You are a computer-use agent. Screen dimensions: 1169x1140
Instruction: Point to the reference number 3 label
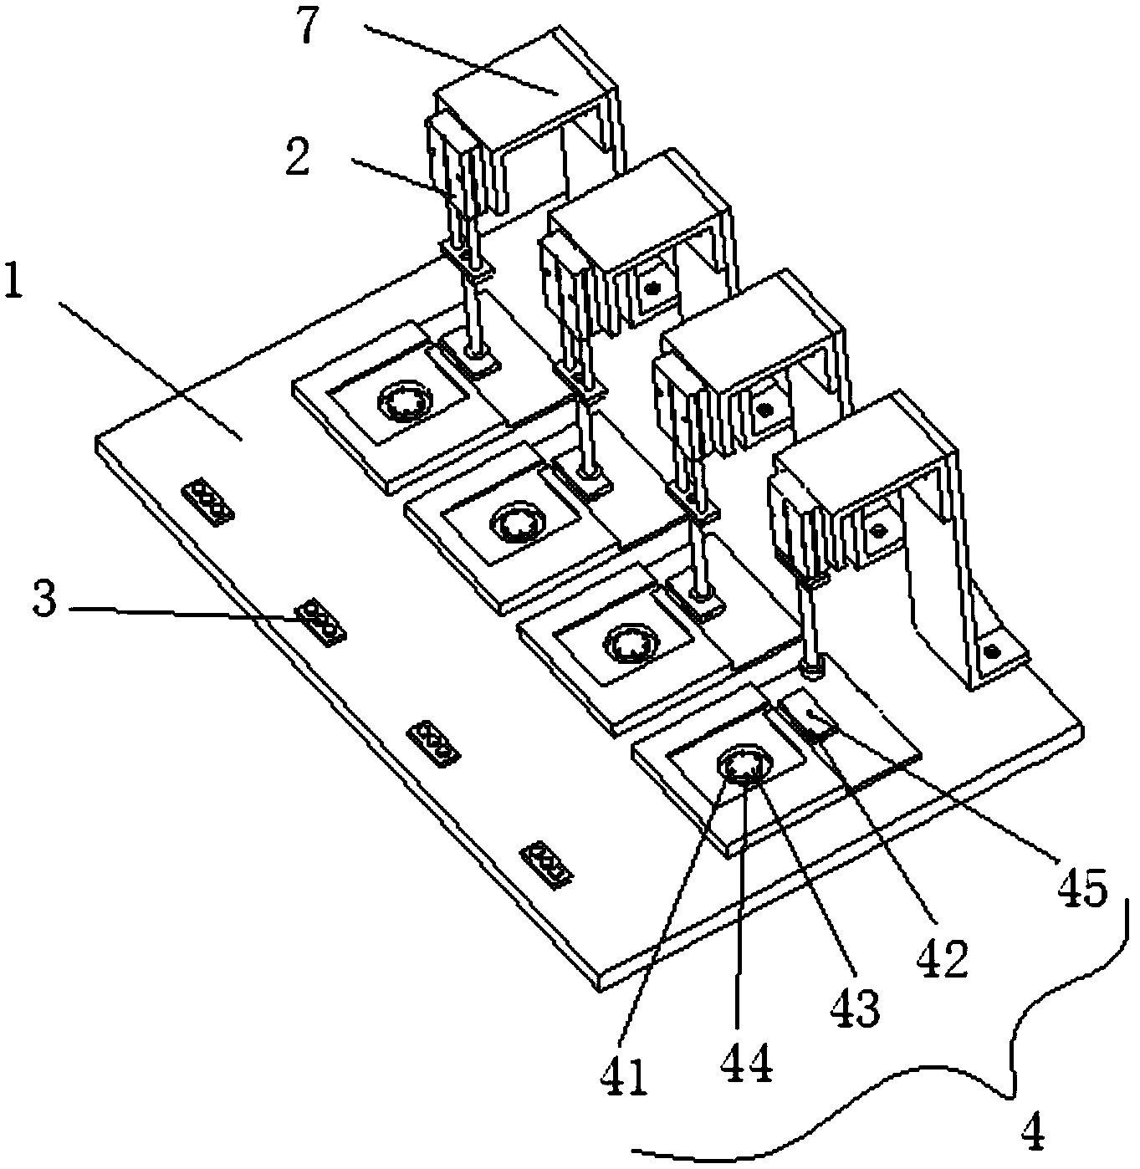click(x=45, y=600)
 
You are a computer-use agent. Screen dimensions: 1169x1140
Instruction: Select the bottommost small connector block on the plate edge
click(x=547, y=864)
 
